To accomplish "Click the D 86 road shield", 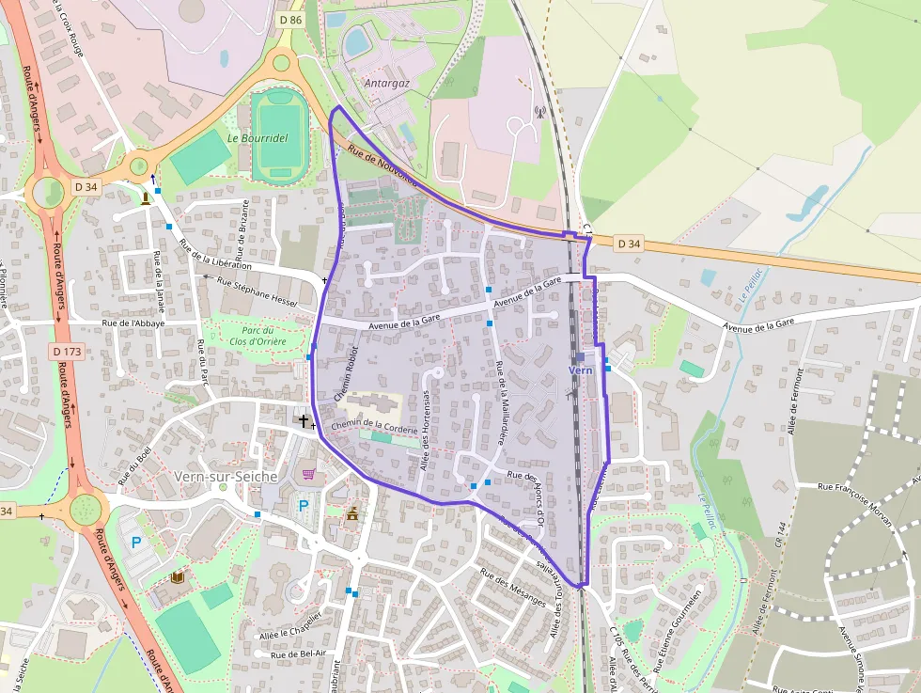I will [290, 19].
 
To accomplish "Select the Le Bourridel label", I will [257, 137].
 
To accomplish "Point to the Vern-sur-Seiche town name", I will [226, 477].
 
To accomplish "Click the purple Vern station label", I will [581, 370].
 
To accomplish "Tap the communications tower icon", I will [539, 113].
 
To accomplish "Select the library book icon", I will [177, 575].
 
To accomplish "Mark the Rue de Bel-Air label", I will [298, 654].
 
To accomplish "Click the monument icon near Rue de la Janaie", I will [145, 197].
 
